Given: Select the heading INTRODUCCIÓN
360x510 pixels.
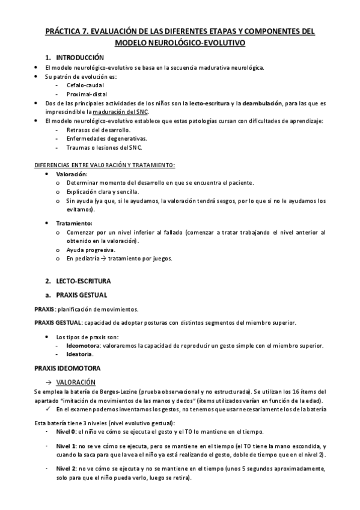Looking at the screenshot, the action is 80,57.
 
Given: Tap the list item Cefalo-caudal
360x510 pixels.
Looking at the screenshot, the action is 85,85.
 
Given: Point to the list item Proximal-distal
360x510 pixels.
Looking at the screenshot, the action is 88,94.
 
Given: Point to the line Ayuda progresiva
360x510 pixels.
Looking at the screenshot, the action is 91,250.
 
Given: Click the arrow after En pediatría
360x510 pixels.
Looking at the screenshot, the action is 102,259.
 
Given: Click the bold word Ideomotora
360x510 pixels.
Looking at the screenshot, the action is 83,345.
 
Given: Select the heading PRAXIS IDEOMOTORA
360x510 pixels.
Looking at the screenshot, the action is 67,367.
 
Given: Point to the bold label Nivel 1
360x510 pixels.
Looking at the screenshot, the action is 66,446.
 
